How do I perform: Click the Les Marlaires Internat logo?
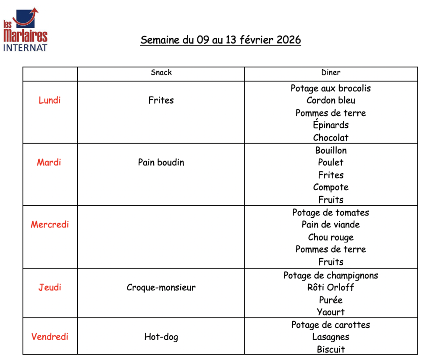point(25,29)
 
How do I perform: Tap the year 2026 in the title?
point(289,40)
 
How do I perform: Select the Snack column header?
point(161,73)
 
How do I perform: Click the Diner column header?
point(331,73)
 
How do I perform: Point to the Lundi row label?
point(50,100)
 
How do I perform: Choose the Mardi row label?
point(49,162)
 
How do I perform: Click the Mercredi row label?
point(50,224)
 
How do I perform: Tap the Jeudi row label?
point(50,287)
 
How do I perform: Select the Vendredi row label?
point(50,337)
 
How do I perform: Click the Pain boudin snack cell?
point(161,162)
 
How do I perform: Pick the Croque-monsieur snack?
point(161,287)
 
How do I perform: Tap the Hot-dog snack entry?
point(161,337)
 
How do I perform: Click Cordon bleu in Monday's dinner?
point(331,100)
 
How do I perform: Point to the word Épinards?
point(331,125)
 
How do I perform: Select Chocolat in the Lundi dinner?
point(331,138)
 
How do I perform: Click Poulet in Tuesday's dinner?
point(331,162)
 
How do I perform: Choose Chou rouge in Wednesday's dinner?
point(331,237)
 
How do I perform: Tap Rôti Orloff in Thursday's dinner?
point(331,287)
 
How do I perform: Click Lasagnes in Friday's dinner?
point(331,337)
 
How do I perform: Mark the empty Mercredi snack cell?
point(161,237)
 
